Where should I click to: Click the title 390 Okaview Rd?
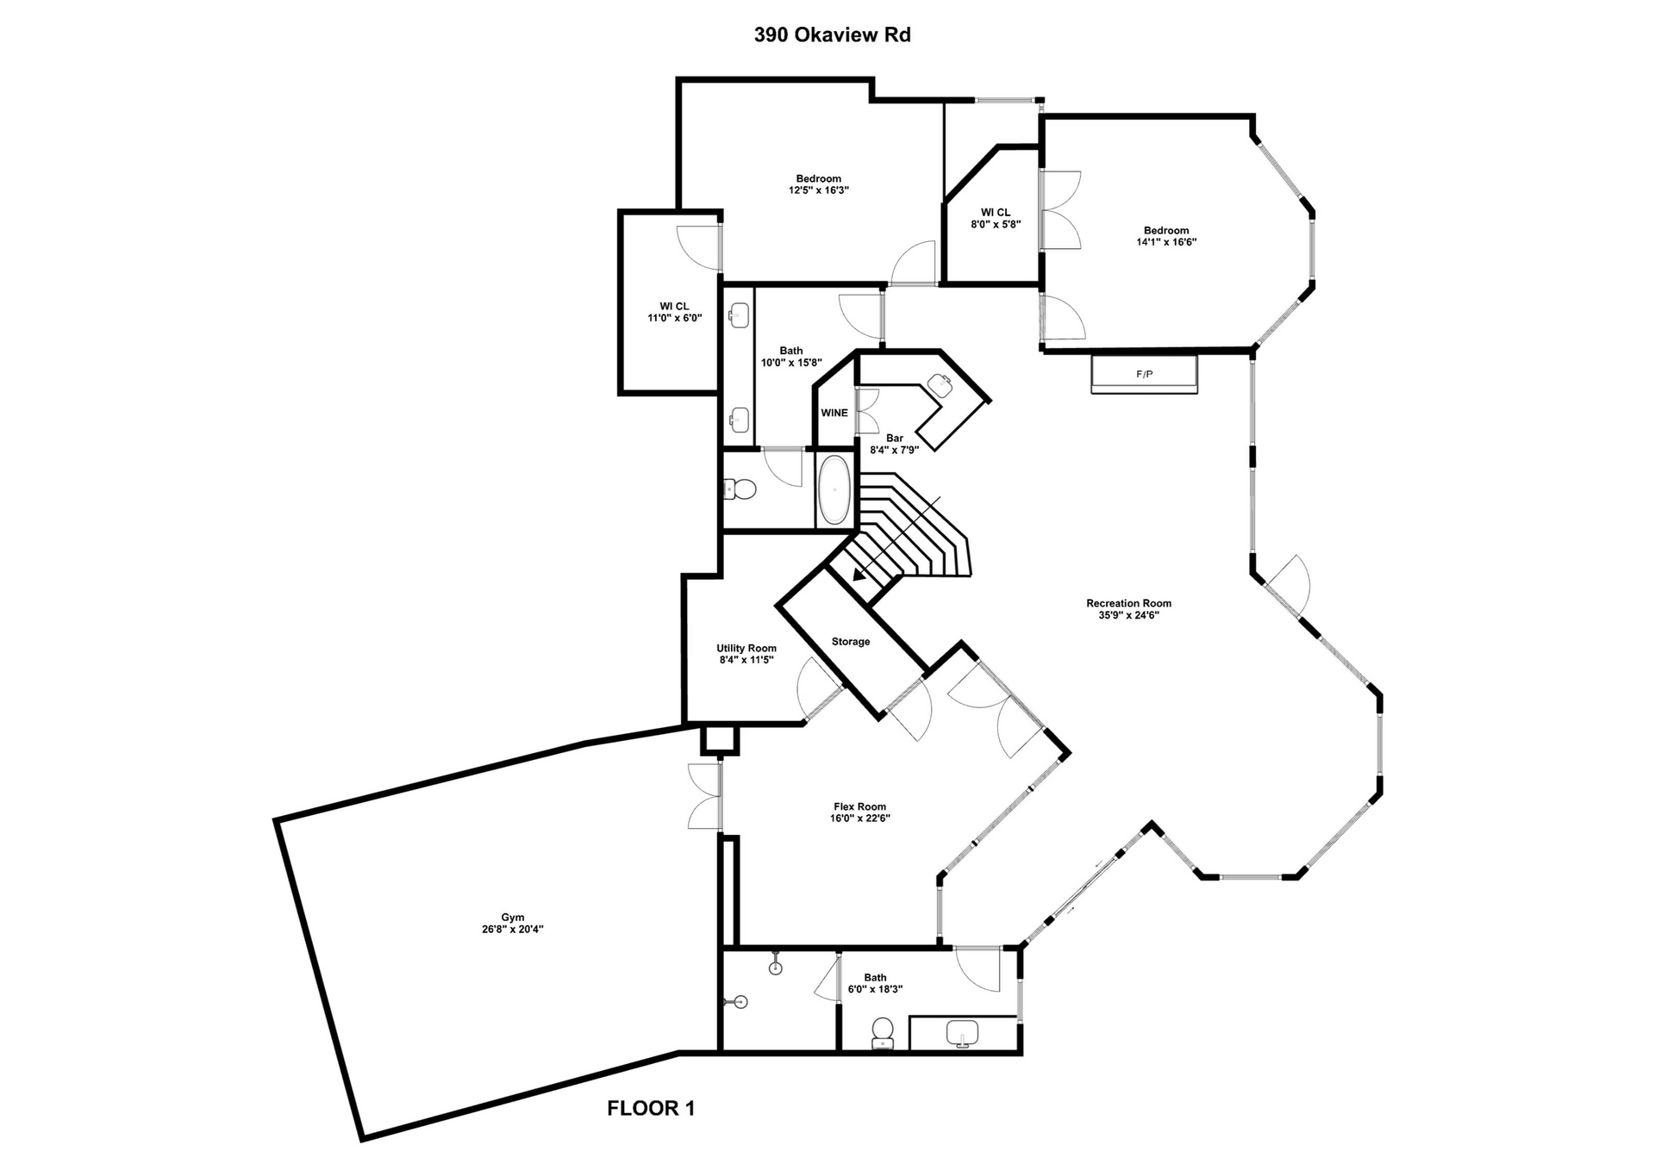(832, 35)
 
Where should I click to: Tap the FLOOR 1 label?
(651, 1108)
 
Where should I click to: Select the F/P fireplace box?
(1144, 375)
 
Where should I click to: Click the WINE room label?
(834, 413)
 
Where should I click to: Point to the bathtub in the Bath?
(834, 490)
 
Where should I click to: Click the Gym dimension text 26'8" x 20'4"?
(513, 930)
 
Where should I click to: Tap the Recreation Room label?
(1128, 603)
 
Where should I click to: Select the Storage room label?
(850, 642)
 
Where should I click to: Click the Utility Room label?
(746, 649)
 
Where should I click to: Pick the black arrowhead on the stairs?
(859, 574)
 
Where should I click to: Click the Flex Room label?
(859, 807)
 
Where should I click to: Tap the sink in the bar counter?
(939, 385)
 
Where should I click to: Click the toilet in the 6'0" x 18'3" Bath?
(882, 1032)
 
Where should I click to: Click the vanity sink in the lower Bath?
(962, 1032)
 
